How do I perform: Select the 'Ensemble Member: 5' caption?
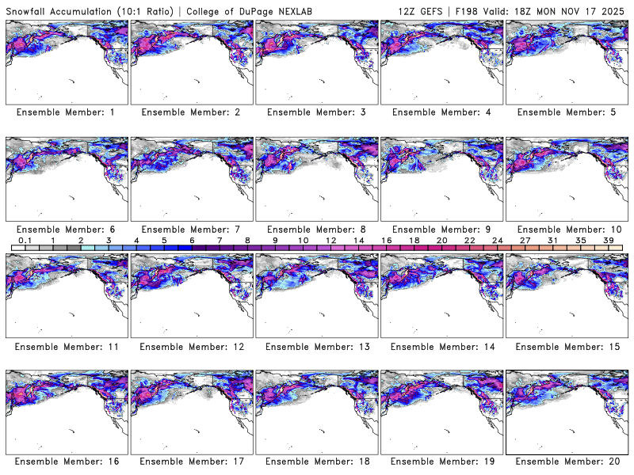coord(566,112)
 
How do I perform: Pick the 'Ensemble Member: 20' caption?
coord(566,460)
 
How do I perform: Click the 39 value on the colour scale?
coord(608,240)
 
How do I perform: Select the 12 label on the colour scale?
coord(330,240)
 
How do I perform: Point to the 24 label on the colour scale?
coord(497,240)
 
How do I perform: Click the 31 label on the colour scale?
coord(552,240)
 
